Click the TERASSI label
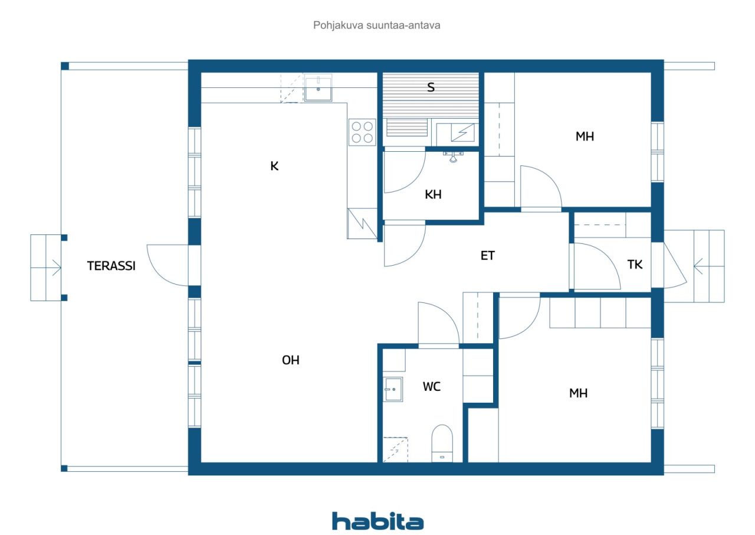(111, 266)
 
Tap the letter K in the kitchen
(274, 166)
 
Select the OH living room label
(291, 360)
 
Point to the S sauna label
(431, 87)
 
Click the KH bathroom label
(433, 194)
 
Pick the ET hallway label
(487, 256)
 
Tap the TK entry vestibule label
(635, 265)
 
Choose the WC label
(432, 387)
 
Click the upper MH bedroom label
(585, 136)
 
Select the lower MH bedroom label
(579, 393)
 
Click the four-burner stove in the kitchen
(362, 132)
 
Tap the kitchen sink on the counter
(318, 88)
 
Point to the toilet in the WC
(442, 443)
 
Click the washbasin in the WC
(393, 389)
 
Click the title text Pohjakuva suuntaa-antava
(376, 25)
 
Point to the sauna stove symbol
(463, 132)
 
